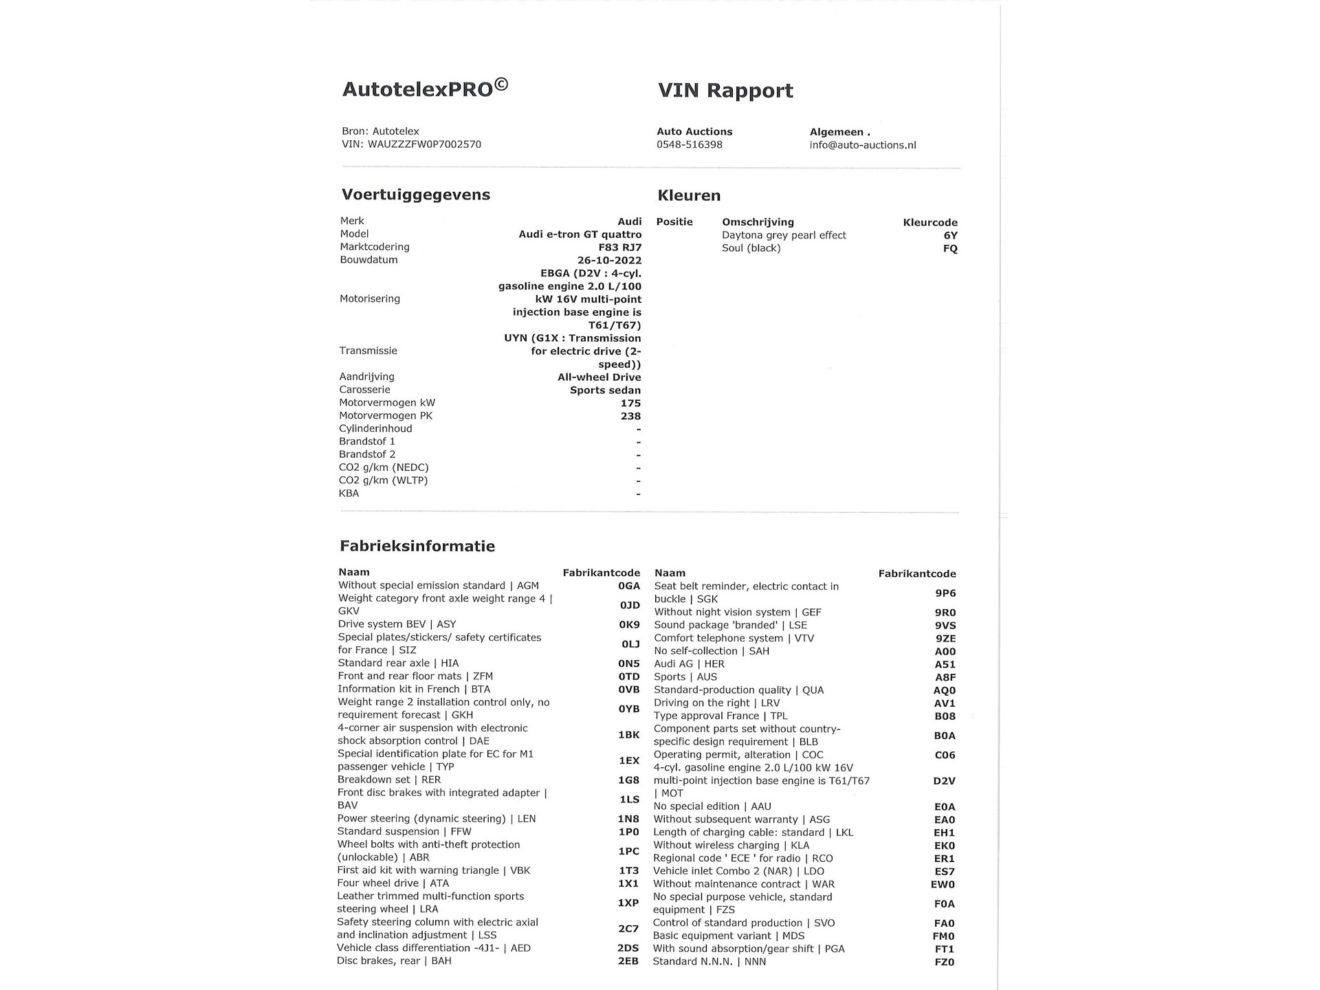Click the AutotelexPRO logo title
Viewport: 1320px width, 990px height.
[x=425, y=89]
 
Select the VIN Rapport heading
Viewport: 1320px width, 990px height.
[x=725, y=90]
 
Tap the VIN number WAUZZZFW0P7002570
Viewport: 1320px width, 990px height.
[x=424, y=144]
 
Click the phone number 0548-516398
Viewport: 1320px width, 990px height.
[x=689, y=144]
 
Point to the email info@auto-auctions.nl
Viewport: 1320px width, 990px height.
[x=862, y=145]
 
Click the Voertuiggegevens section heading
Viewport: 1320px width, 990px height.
[x=415, y=195]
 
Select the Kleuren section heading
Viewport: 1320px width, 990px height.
[x=689, y=195]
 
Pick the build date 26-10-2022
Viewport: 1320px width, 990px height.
[x=609, y=261]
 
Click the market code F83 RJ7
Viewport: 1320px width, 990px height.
[x=619, y=247]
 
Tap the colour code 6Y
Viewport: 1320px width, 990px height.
[x=950, y=235]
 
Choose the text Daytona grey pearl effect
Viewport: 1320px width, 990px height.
[x=784, y=235]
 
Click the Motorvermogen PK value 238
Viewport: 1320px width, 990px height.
[x=630, y=416]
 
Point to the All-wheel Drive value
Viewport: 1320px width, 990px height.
[x=599, y=377]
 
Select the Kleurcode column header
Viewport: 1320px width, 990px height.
[x=929, y=222]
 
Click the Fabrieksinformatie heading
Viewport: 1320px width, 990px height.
[x=417, y=546]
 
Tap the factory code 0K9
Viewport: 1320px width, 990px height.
[x=628, y=624]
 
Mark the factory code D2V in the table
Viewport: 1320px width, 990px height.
[x=944, y=781]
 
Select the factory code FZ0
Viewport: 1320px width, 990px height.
[x=944, y=962]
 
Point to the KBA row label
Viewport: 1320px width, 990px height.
[x=349, y=493]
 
